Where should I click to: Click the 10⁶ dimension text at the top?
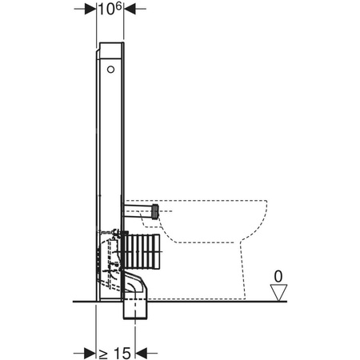coord(109,10)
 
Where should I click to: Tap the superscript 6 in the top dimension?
coord(117,7)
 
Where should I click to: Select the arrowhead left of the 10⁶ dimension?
coord(90,11)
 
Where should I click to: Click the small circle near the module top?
coord(110,70)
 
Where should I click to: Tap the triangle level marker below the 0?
coord(278,292)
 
